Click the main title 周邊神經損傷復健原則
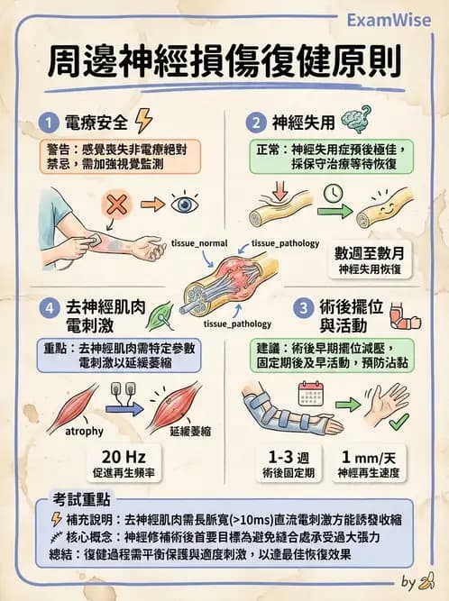pyautogui.click(x=224, y=66)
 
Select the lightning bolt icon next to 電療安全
pyautogui.click(x=143, y=121)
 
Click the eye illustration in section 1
pyautogui.click(x=182, y=204)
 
